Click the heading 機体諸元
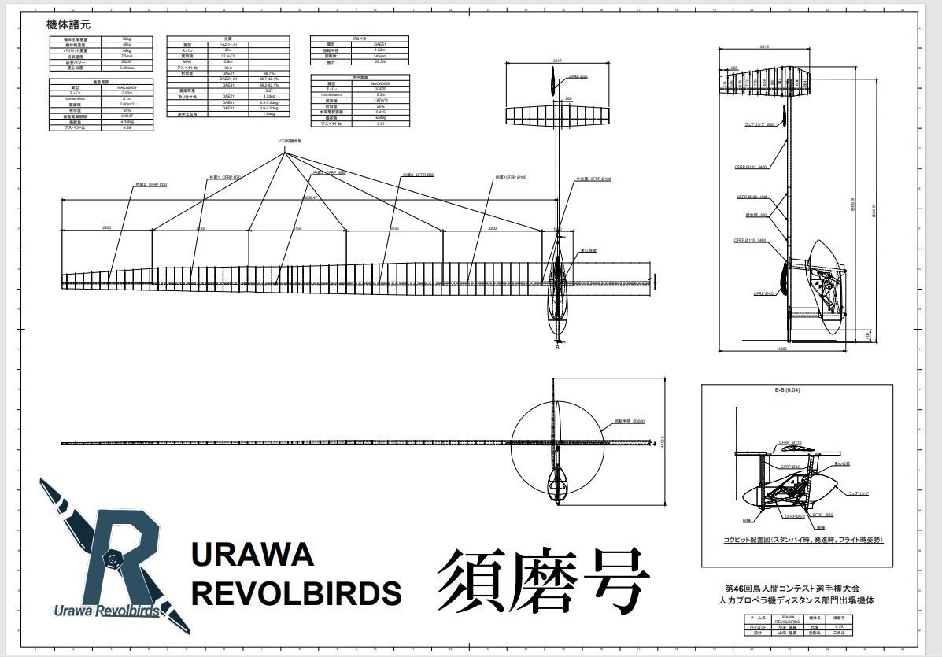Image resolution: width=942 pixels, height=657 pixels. tap(68, 24)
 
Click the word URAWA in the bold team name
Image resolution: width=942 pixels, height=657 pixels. tap(253, 555)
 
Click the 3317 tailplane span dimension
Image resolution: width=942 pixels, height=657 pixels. tap(557, 61)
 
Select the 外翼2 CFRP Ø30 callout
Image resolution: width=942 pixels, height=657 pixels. tap(151, 184)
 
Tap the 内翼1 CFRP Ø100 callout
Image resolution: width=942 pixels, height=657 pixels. tap(511, 177)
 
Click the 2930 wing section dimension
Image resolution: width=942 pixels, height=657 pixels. tap(106, 228)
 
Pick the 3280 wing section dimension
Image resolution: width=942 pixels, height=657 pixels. tap(493, 228)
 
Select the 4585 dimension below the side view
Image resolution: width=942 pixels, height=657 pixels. tap(781, 348)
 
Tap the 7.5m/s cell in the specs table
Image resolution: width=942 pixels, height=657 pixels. tap(127, 56)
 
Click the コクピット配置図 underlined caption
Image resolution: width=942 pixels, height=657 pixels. tap(803, 540)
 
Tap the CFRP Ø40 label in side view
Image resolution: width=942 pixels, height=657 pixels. tap(764, 293)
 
